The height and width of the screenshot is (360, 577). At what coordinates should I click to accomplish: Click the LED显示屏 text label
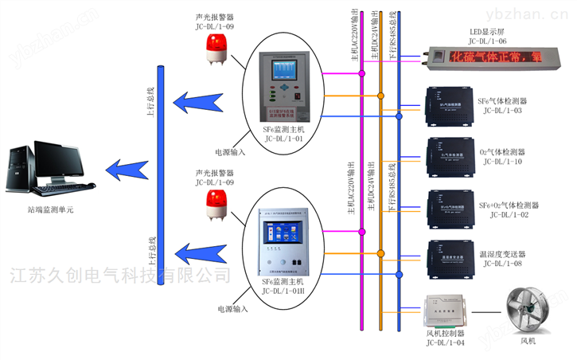pos(487,31)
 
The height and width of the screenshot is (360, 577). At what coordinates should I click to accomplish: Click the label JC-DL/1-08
pos(501,264)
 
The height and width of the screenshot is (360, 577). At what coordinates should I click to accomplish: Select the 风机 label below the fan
pos(528,342)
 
